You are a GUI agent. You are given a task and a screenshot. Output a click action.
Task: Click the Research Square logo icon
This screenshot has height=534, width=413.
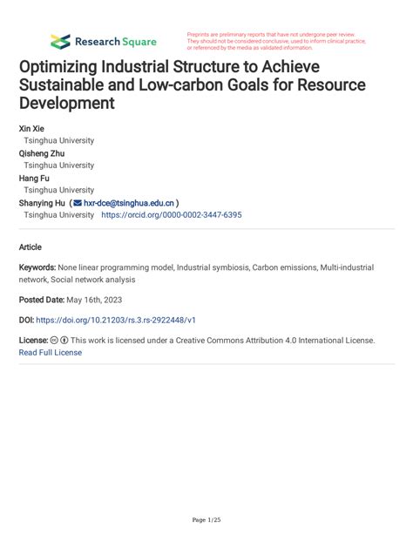click(59, 41)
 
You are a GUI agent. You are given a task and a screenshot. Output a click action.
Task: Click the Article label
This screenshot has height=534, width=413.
click(31, 247)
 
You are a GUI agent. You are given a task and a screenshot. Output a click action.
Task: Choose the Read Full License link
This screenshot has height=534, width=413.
click(50, 353)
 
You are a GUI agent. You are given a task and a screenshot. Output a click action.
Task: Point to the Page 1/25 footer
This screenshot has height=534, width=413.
click(206, 520)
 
